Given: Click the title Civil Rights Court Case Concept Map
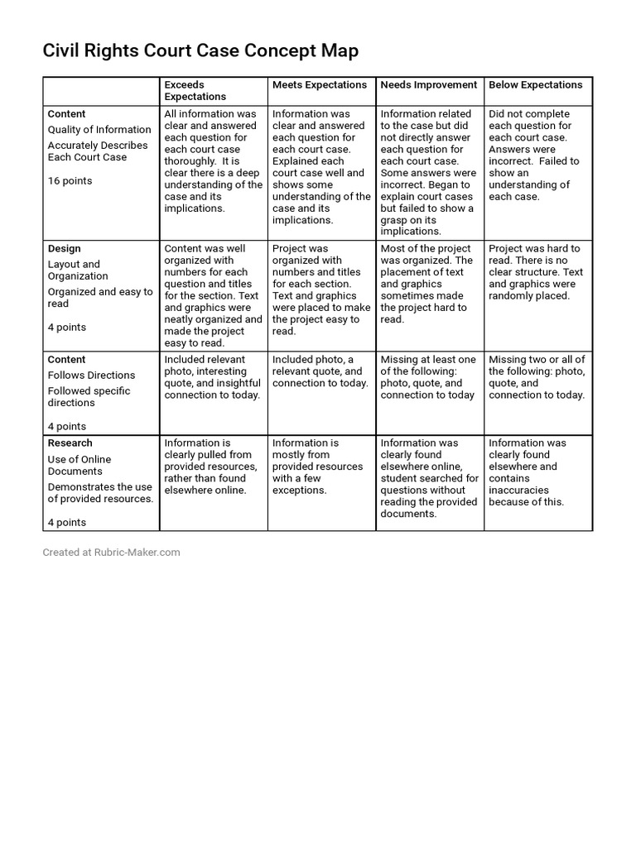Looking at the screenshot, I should (200, 51).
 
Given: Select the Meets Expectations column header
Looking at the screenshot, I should (320, 85).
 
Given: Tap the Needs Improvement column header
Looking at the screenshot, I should (428, 85).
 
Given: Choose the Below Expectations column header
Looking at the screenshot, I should (535, 85).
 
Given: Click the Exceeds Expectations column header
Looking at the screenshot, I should (195, 91).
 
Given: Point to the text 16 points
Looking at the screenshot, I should (70, 181).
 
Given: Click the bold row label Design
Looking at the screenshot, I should (65, 249).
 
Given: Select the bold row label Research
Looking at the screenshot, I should (70, 443).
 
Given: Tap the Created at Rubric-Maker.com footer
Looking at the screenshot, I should (111, 553).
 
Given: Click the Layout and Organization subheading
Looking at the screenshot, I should (78, 270).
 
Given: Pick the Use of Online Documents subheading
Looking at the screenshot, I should (79, 465).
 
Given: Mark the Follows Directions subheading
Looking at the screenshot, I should (91, 376).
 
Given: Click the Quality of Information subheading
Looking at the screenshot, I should (99, 130).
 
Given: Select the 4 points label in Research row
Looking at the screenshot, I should (66, 523).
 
